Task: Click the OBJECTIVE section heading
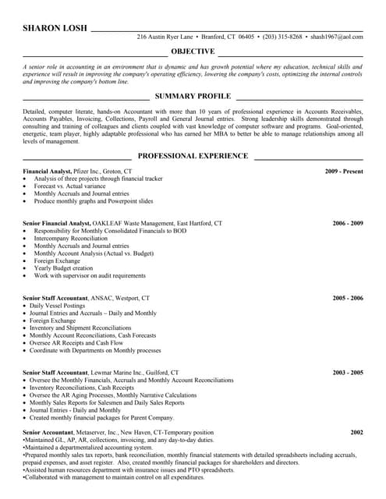193,51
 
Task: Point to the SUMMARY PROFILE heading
193,96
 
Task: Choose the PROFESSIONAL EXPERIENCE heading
193,156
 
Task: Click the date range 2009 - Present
344,171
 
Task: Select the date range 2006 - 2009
348,223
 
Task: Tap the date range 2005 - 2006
348,298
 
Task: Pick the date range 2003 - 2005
348,373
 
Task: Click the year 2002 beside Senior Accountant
356,432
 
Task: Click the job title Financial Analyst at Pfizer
47,171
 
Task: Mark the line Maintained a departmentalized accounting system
88,448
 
